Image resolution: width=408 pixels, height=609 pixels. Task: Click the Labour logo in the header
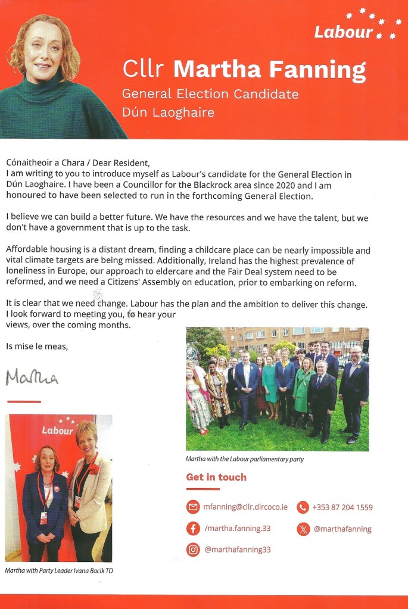tap(354, 26)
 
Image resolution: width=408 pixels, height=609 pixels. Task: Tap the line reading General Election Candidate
tap(210, 94)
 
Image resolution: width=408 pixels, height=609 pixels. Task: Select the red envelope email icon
tap(192, 507)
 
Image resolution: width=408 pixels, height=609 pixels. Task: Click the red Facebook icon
tap(192, 529)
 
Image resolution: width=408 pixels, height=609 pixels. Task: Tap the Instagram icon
tap(192, 549)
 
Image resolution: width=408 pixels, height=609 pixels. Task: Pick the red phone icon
tap(303, 507)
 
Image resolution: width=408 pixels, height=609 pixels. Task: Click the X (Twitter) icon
tap(303, 529)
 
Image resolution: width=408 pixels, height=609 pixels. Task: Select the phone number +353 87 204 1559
tap(342, 508)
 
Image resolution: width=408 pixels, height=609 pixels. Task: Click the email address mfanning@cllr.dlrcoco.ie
tap(246, 508)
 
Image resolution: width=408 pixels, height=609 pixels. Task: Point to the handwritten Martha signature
tap(32, 377)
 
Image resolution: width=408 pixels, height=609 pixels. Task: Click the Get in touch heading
tap(216, 477)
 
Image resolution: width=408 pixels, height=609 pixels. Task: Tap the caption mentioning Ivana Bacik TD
tap(59, 571)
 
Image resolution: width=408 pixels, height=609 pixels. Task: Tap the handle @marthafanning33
tap(237, 549)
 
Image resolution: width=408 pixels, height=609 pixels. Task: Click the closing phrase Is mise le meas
tap(37, 346)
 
